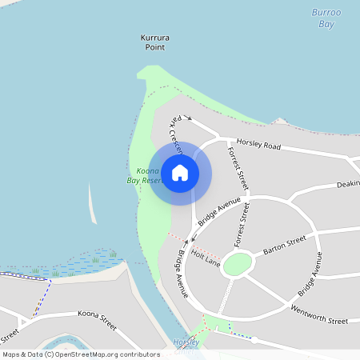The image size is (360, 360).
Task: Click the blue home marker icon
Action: tap(180, 173)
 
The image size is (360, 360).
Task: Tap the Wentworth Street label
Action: tap(319, 314)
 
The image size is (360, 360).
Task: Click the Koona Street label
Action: tap(97, 321)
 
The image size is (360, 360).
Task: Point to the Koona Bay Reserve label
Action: tap(145, 176)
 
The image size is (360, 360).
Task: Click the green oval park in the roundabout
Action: tap(238, 264)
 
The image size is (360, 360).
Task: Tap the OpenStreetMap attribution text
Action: tap(81, 354)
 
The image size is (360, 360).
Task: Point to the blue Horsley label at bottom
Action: tap(186, 342)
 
